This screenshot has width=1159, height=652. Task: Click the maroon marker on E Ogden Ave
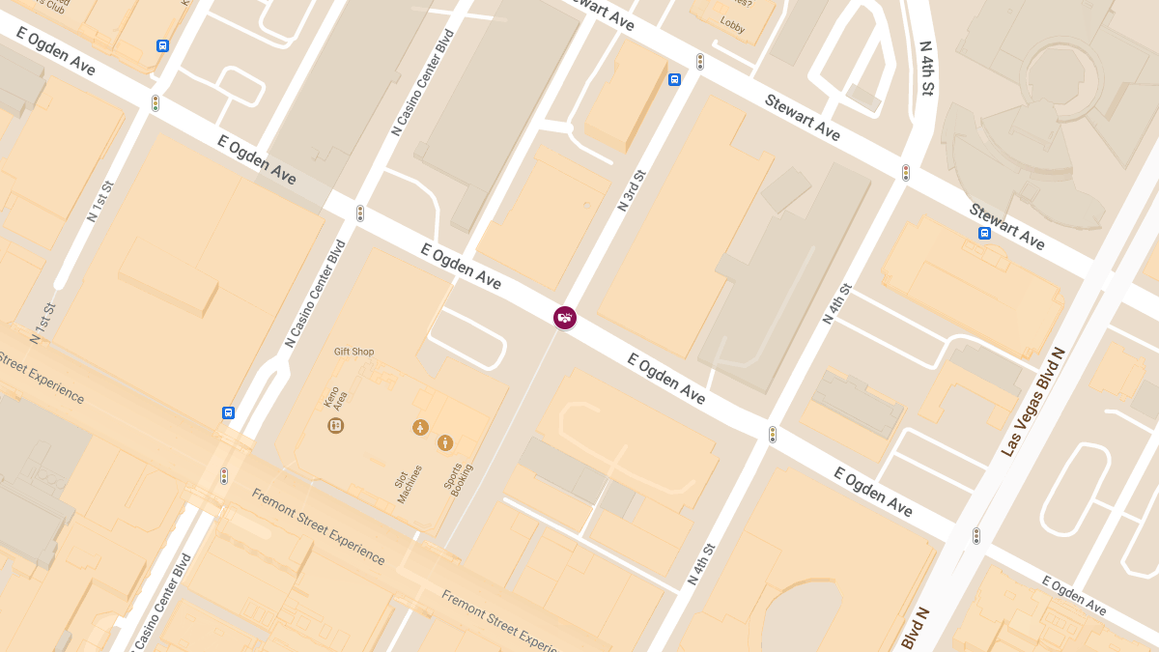coord(565,317)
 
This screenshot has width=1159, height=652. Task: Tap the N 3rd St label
coord(633,190)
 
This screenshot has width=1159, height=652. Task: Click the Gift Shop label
coord(353,352)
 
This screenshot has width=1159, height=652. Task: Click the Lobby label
coord(732,26)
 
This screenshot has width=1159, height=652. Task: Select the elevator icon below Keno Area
coord(336,425)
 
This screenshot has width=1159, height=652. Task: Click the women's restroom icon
coord(420,427)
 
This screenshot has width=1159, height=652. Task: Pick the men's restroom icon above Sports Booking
coord(444,442)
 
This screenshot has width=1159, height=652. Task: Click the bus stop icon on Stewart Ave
coord(984,233)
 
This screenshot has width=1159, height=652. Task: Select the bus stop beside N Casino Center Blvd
coord(229,412)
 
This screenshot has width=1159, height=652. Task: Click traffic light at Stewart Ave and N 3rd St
coord(700,62)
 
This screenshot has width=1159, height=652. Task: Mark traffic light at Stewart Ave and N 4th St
coord(906,173)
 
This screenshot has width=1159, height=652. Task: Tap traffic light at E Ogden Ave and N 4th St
coord(772,435)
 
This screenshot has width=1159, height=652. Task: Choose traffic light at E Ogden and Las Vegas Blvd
coord(976,535)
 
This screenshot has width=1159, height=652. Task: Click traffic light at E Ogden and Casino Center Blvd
coord(359,213)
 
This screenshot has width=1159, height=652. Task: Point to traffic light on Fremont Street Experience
coord(224,476)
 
